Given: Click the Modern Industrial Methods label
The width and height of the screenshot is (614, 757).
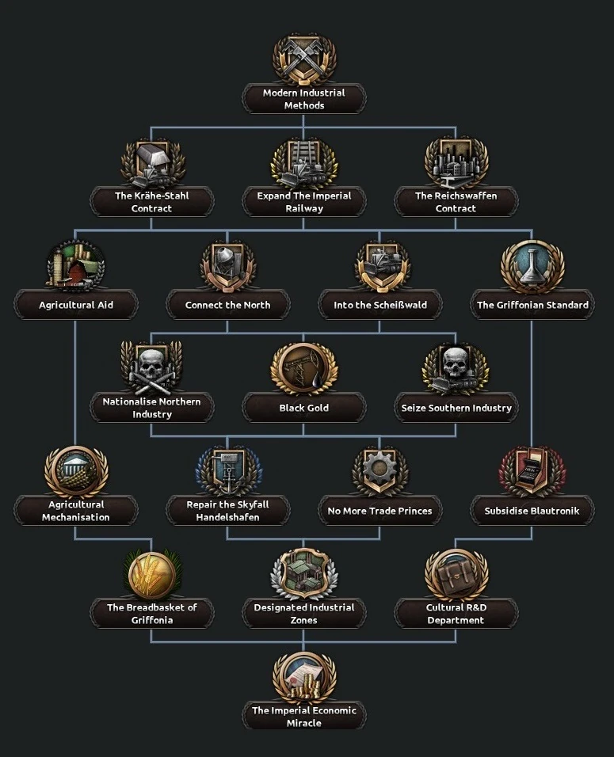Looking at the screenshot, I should coord(304,99).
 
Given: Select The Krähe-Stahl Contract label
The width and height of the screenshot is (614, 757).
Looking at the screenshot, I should coord(152,202).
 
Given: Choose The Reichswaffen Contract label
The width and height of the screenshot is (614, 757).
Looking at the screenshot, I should coord(456,202).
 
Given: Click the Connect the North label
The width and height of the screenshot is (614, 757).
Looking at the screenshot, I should coord(228,305).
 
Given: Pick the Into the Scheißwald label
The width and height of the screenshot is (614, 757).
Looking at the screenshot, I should coord(380,305).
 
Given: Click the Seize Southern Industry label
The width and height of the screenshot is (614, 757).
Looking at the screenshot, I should coord(456,408).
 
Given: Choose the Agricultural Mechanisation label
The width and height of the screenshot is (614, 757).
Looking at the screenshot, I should coord(76,511).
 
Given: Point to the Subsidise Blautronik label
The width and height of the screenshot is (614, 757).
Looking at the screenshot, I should coord(532,511).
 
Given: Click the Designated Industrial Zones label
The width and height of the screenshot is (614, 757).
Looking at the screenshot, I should coord(304,614).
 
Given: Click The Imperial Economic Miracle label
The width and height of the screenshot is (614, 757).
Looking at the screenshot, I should coord(304,717).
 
